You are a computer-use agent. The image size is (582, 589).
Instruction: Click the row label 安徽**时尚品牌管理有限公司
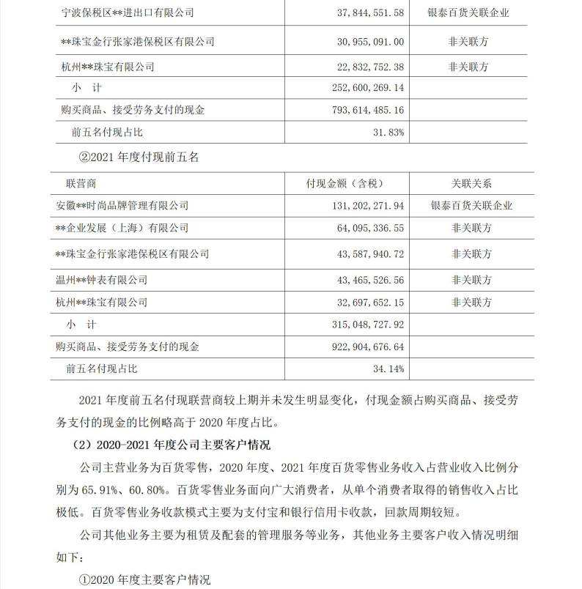pos(122,206)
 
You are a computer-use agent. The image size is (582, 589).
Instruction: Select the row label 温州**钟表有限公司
pos(101,280)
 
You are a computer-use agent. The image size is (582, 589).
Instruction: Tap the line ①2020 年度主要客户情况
pos(144,579)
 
